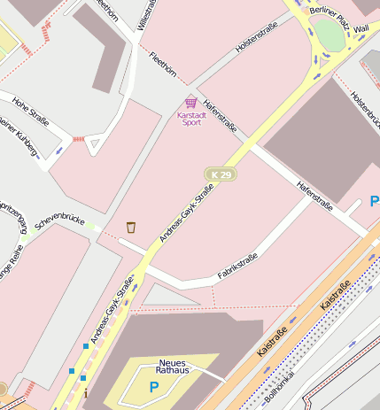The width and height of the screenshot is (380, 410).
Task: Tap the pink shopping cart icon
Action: [x=191, y=103]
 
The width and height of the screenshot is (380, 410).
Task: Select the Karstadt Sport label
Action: [x=189, y=118]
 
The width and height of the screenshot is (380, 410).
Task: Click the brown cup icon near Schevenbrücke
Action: [x=131, y=228]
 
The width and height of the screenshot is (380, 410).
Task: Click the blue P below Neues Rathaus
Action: [x=153, y=387]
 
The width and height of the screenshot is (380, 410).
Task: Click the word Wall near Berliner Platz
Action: [x=361, y=29]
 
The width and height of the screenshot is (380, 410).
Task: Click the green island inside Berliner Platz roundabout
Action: [x=329, y=35]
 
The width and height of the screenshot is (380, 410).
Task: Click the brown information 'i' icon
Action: [x=85, y=392]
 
